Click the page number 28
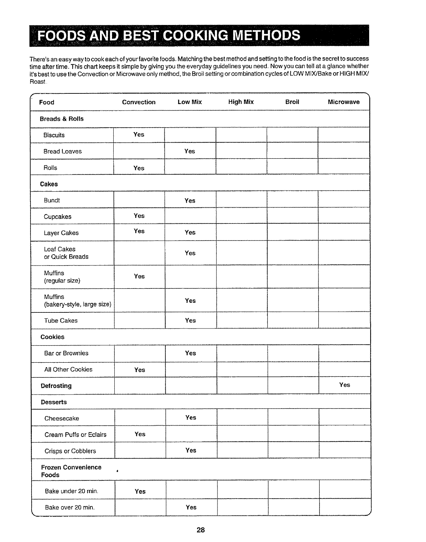(x=201, y=530)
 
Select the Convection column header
(x=139, y=102)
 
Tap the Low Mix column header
(x=190, y=102)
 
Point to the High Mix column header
(x=241, y=102)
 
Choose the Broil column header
(x=292, y=102)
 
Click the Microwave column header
(x=343, y=102)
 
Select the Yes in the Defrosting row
(x=344, y=385)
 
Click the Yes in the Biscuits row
(x=139, y=134)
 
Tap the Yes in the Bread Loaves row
(x=190, y=151)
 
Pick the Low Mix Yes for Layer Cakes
(x=190, y=232)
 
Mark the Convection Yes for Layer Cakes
(x=139, y=231)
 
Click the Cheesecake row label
(x=62, y=418)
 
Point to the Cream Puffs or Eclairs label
(x=75, y=435)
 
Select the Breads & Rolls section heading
(x=62, y=119)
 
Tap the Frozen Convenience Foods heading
(x=71, y=471)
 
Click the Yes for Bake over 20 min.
(x=191, y=507)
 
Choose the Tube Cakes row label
(x=61, y=321)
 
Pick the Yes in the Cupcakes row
(x=139, y=216)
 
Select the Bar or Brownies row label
(x=66, y=353)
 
